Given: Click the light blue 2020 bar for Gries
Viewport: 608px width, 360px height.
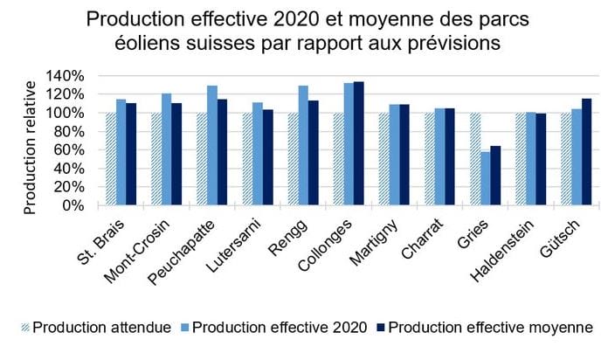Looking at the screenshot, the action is click(x=485, y=178).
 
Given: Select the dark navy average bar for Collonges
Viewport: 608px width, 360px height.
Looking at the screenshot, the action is click(x=359, y=143).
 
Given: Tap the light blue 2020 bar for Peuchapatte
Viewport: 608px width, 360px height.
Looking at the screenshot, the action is click(x=212, y=145).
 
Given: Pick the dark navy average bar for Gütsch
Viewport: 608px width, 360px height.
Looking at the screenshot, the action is click(x=587, y=152).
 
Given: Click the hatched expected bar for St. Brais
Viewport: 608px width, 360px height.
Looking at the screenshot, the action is click(x=111, y=159).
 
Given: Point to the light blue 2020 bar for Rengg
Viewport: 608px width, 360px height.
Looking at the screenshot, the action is click(x=303, y=145).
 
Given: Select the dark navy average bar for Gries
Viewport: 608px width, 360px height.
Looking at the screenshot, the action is click(x=495, y=176).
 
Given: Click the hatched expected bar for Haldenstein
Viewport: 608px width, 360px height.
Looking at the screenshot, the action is click(x=521, y=159).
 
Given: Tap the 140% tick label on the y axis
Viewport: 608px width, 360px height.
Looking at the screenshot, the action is click(x=65, y=76).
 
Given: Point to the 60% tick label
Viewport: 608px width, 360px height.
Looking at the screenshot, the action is click(x=69, y=149).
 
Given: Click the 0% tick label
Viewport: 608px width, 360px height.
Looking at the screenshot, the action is click(x=73, y=205).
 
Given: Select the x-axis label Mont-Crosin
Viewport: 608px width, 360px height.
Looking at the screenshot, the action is click(x=137, y=251).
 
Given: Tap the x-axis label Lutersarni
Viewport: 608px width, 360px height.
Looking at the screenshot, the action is click(x=234, y=246).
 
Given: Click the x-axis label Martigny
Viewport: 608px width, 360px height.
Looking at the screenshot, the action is click(x=374, y=242).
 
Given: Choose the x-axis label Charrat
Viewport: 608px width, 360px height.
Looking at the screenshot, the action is click(x=422, y=239).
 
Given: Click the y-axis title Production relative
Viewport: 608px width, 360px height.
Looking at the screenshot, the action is click(x=30, y=148).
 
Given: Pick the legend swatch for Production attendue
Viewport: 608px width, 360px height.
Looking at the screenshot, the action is click(x=24, y=328).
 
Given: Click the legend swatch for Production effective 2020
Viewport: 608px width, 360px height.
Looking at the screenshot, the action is click(x=185, y=328).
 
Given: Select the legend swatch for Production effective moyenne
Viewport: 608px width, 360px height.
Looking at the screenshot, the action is click(x=381, y=328).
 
